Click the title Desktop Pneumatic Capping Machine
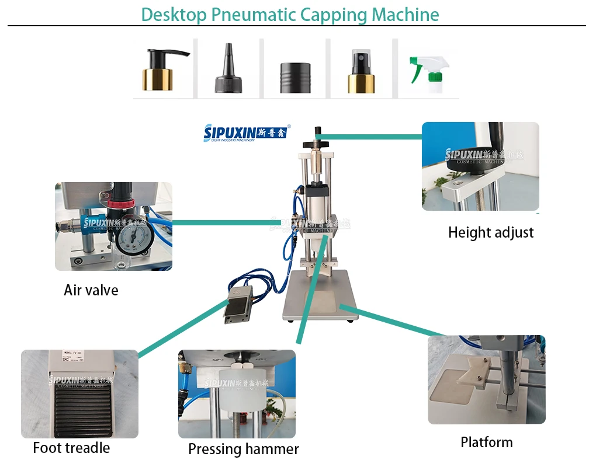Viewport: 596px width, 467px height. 290,14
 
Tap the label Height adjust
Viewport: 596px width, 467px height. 491,232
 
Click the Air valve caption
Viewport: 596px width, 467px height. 91,290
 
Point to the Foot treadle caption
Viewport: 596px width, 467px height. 71,448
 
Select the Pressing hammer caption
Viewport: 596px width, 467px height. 243,449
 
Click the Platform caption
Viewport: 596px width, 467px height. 486,442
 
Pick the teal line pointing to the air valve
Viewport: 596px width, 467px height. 222,222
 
